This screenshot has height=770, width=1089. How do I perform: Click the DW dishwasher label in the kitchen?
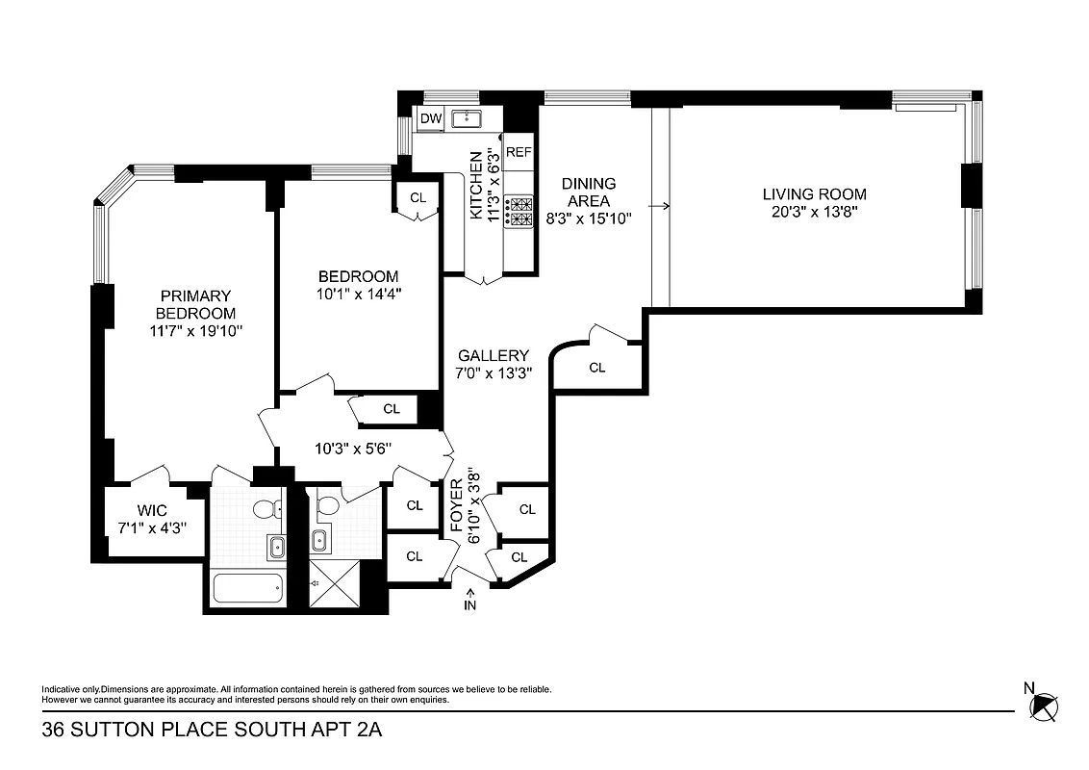pyautogui.click(x=431, y=118)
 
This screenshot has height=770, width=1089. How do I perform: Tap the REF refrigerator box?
pyautogui.click(x=519, y=152)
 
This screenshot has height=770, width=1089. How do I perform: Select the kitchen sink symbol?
pyautogui.click(x=471, y=118)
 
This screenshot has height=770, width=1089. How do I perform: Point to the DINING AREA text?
pyautogui.click(x=589, y=192)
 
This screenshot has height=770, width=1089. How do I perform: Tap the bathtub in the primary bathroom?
pyautogui.click(x=247, y=588)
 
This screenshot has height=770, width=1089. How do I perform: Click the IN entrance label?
pyautogui.click(x=470, y=605)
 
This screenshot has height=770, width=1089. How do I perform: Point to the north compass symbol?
pyautogui.click(x=1044, y=706)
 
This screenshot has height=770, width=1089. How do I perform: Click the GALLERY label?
pyautogui.click(x=494, y=355)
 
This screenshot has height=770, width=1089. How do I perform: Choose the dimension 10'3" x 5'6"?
pyautogui.click(x=353, y=448)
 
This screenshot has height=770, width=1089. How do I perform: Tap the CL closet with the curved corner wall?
pyautogui.click(x=596, y=367)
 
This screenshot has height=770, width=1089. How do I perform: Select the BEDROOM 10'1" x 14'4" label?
pyautogui.click(x=359, y=285)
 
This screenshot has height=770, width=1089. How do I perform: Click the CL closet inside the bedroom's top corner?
pyautogui.click(x=418, y=197)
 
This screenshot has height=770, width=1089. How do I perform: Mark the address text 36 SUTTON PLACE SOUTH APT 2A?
pyautogui.click(x=212, y=731)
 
